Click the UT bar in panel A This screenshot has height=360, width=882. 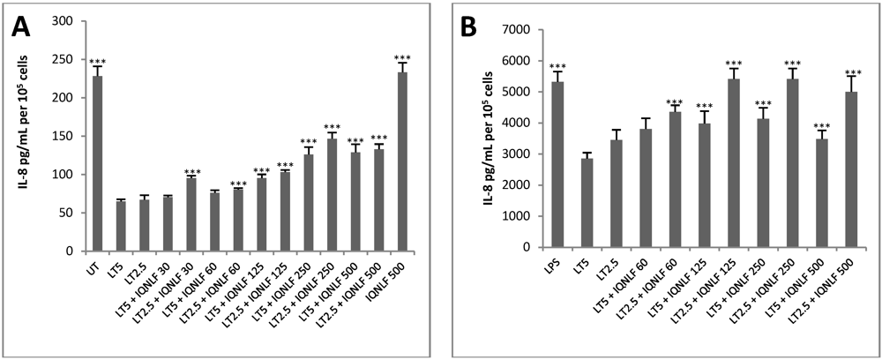[x=98, y=164]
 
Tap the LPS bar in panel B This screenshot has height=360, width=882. [x=557, y=164]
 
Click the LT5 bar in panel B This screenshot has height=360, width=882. [x=586, y=202]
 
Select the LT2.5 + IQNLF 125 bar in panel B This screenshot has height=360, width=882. [x=733, y=162]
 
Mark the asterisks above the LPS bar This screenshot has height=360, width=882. [x=557, y=67]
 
